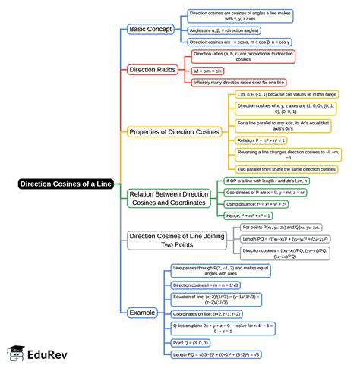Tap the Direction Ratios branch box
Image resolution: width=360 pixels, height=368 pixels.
click(153, 69)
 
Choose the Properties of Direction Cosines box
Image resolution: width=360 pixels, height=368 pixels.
click(174, 131)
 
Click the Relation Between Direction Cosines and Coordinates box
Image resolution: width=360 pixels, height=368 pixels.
click(169, 199)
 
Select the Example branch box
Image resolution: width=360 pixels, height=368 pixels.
click(142, 313)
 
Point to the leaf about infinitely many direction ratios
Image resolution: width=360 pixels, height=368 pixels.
click(238, 81)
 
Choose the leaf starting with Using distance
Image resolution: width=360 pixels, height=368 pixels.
click(259, 205)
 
